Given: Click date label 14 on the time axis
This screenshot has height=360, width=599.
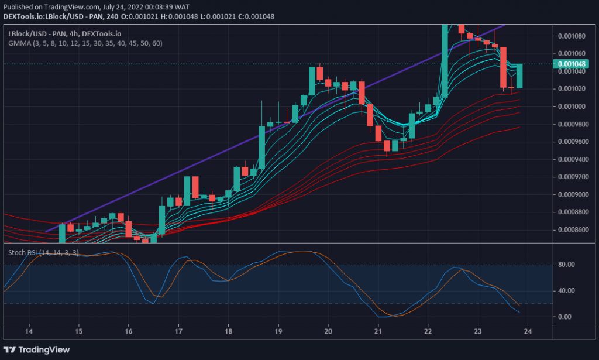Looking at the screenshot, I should pos(28,331).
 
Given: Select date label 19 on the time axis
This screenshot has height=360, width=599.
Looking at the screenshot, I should pos(278,331).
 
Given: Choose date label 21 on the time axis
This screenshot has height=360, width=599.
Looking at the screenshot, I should pos(378,331).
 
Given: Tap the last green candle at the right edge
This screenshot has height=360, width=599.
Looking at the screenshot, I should pos(519,76).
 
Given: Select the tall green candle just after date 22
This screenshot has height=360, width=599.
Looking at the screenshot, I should pos(445,59).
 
